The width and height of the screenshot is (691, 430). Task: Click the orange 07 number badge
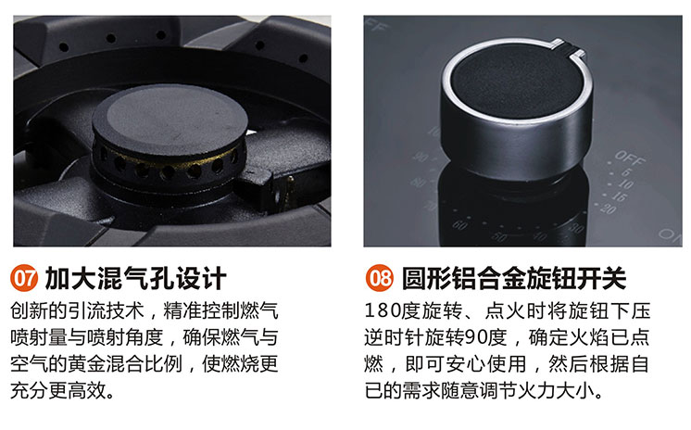click(x=24, y=278)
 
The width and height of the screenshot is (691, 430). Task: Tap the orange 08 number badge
click(x=379, y=278)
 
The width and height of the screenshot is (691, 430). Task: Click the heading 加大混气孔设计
click(x=136, y=278)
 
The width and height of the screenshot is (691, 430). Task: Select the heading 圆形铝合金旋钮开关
click(x=514, y=278)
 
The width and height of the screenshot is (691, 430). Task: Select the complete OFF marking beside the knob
click(x=630, y=158)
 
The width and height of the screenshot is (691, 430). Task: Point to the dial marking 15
click(x=619, y=196)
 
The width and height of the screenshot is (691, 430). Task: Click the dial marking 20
click(x=608, y=208)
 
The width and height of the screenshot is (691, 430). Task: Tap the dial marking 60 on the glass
click(x=459, y=225)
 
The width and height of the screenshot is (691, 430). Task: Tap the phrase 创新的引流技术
click(x=77, y=311)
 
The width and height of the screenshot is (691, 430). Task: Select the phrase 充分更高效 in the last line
click(x=58, y=390)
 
